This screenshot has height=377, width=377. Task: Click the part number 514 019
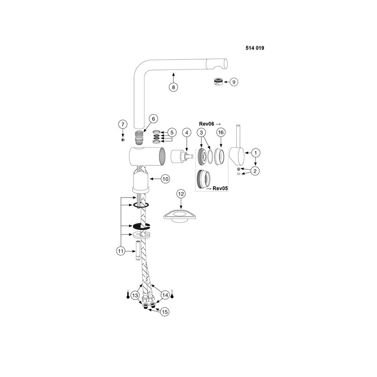click(255, 48)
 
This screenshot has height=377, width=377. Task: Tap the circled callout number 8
click(174, 87)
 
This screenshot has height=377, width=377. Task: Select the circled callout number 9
click(234, 82)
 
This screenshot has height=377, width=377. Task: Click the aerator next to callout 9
click(218, 81)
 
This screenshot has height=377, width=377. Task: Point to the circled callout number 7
click(123, 124)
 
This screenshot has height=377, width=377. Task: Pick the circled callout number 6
click(154, 119)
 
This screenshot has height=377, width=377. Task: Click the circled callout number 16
click(221, 132)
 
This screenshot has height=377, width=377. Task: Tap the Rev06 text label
click(207, 124)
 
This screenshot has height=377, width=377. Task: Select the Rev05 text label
click(220, 188)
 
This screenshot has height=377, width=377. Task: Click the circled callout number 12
click(181, 194)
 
